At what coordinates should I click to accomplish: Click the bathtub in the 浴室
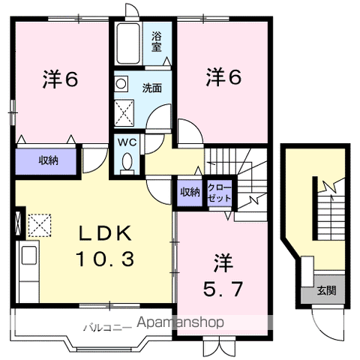[x=128, y=43]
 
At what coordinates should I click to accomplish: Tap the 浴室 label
[x=157, y=42]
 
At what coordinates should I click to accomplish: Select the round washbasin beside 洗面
[x=121, y=83]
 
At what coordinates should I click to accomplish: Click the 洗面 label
[x=152, y=88]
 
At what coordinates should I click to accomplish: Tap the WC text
[x=127, y=142]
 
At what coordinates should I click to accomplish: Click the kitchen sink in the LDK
[x=29, y=255]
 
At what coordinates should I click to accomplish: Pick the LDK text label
[x=105, y=233]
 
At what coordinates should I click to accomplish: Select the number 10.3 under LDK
[x=105, y=259]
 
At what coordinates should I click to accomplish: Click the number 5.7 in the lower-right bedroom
[x=223, y=289]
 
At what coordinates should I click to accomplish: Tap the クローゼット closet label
[x=220, y=193]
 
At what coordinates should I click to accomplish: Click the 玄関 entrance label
[x=326, y=291]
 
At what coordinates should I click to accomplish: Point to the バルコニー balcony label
[x=107, y=328]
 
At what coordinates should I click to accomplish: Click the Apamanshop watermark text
[x=181, y=322]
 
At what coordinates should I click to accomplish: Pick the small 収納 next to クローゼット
[x=190, y=193]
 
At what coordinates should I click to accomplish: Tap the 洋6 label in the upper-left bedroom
[x=60, y=79]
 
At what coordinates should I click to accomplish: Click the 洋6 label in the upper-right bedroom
[x=223, y=77]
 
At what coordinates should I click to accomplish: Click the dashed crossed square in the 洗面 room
[x=124, y=112]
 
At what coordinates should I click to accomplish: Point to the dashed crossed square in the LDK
[x=40, y=226]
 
